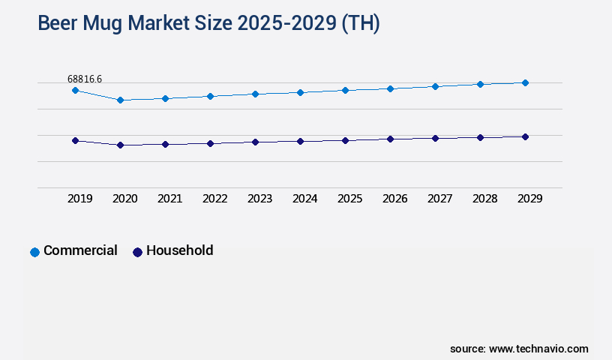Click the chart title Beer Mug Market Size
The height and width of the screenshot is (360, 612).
pos(208,24)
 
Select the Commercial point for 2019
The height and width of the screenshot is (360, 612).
pos(75,90)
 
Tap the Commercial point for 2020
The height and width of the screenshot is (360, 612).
pos(120,100)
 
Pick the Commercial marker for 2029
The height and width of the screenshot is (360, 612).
pos(525,82)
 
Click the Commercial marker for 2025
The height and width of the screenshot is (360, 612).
pos(345,90)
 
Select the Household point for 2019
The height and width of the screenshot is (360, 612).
pos(75,140)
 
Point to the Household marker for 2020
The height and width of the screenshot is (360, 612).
pos(120,145)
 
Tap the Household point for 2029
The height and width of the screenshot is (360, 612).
pos(525,136)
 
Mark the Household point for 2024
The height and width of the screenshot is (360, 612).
pos(300,141)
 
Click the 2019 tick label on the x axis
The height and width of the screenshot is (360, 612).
pos(79,199)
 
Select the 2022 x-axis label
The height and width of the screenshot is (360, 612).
pos(214,199)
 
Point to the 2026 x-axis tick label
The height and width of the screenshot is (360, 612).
pos(394,199)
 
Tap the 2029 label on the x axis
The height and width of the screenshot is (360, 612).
pos(529,199)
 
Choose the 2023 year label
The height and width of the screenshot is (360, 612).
pos(259,199)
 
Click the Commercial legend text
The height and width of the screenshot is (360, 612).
pos(80,250)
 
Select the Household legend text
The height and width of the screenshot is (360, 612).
pos(179,250)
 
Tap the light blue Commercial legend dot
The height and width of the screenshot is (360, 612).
pos(34,252)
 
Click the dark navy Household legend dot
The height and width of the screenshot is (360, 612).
pos(137,252)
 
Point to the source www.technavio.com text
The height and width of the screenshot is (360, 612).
pos(519,349)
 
